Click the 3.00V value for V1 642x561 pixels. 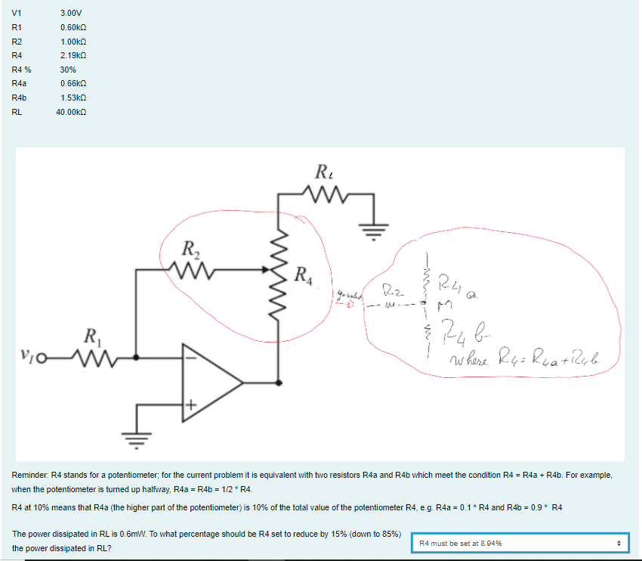pos(71,13)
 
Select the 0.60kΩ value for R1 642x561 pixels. pos(73,27)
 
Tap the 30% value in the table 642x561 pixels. pos(68,70)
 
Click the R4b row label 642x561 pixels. pos(20,98)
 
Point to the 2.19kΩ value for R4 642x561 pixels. pos(73,55)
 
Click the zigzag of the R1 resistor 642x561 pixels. pos(89,356)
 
